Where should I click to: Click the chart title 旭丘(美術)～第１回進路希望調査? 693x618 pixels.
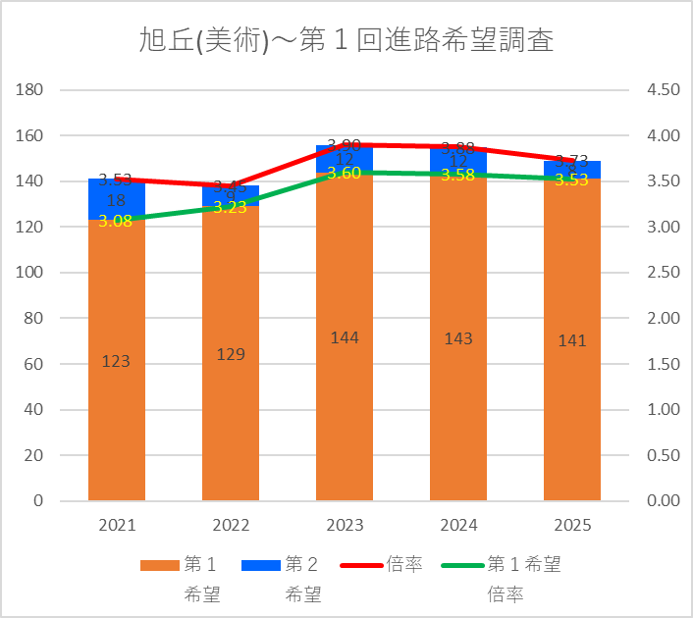pyautogui.click(x=346, y=41)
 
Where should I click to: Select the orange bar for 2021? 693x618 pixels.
pyautogui.click(x=117, y=412)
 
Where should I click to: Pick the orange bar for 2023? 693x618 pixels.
pyautogui.click(x=345, y=412)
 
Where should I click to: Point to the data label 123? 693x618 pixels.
pyautogui.click(x=116, y=361)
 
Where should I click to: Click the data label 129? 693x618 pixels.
pyautogui.click(x=231, y=354)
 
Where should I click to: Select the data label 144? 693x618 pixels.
pyautogui.click(x=345, y=337)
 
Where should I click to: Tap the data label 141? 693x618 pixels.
pyautogui.click(x=572, y=340)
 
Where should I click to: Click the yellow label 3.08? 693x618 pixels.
pyautogui.click(x=116, y=221)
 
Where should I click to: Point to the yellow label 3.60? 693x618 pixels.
pyautogui.click(x=345, y=173)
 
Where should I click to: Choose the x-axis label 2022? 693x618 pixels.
pyautogui.click(x=231, y=526)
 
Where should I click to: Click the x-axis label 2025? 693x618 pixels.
pyautogui.click(x=572, y=526)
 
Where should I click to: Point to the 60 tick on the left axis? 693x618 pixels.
pyautogui.click(x=34, y=364)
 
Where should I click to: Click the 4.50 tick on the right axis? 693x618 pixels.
pyautogui.click(x=664, y=89)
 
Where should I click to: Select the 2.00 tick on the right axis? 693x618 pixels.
pyautogui.click(x=664, y=318)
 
